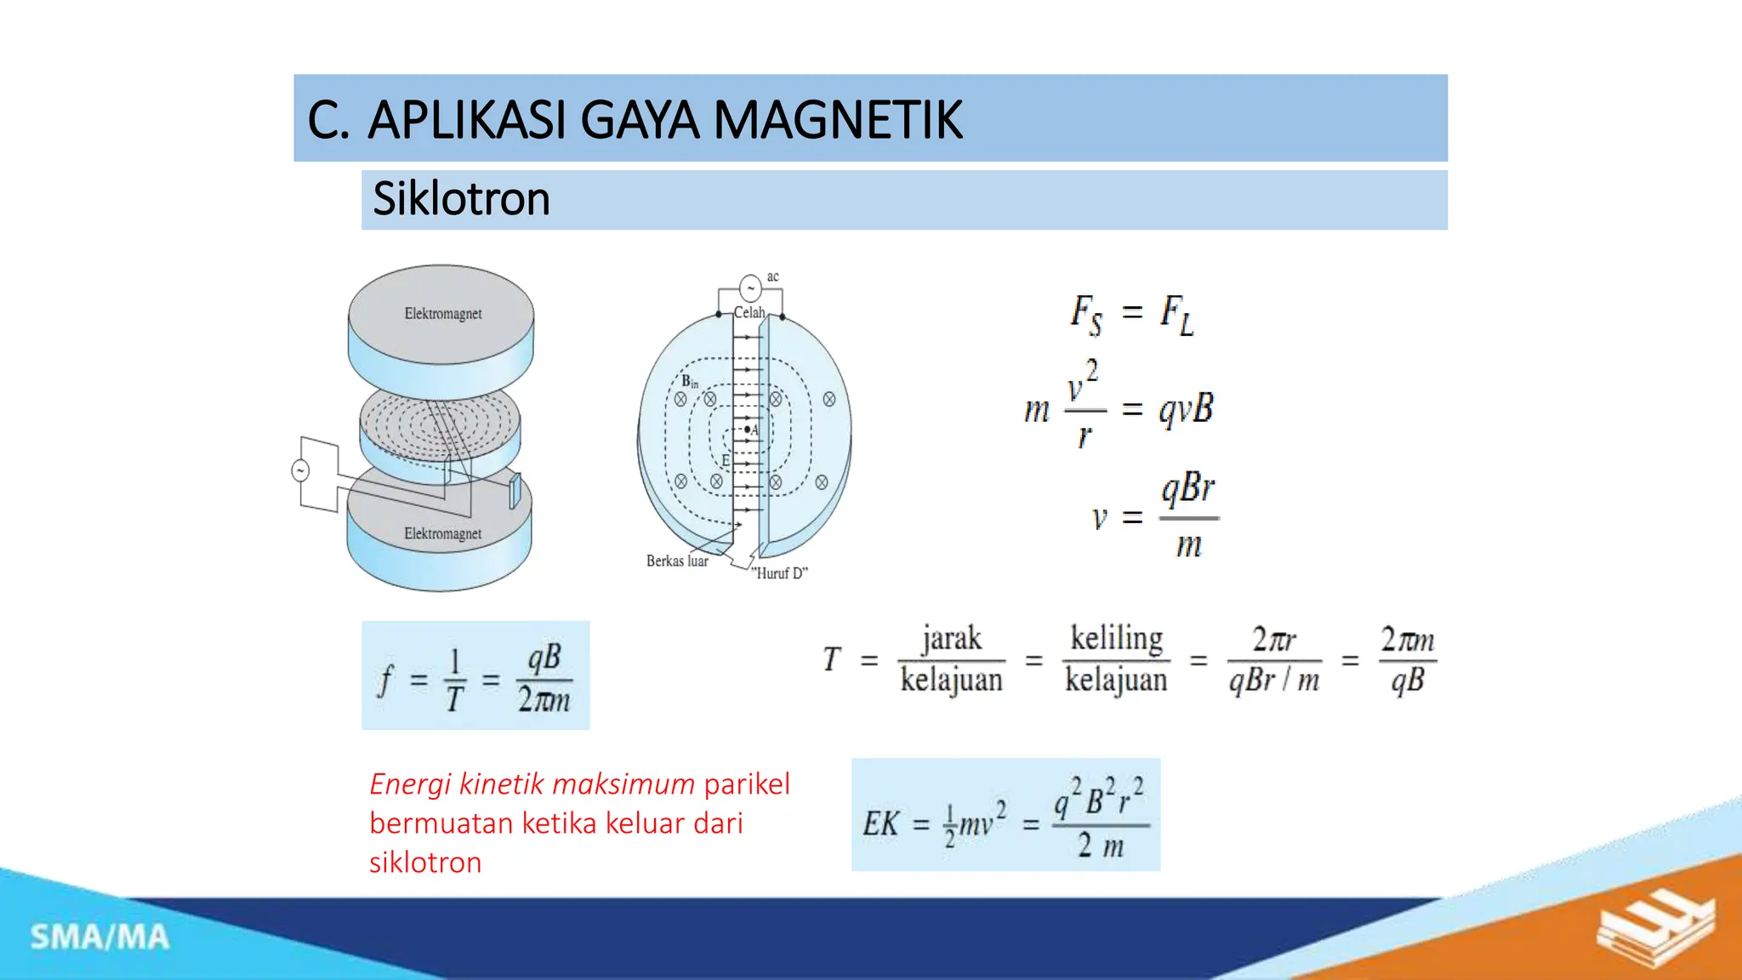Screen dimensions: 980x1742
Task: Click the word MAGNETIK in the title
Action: [837, 120]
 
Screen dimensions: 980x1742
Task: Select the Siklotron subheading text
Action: [461, 199]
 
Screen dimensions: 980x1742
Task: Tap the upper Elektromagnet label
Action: [442, 314]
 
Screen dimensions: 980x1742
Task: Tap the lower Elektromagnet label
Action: [442, 533]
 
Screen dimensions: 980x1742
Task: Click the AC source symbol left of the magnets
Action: [300, 470]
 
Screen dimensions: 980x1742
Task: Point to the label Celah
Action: [749, 312]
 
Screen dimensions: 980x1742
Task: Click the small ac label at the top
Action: [772, 276]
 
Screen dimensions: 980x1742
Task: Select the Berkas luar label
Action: [677, 561]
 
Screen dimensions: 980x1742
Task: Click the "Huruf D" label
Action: [779, 573]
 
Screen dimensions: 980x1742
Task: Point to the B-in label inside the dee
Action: [689, 382]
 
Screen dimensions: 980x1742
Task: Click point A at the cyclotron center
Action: [749, 430]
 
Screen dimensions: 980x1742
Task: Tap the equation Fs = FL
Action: [1131, 314]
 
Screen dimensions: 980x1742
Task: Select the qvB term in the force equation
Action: [1186, 409]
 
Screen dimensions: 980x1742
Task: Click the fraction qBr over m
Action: [1188, 516]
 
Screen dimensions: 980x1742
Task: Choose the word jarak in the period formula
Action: [951, 638]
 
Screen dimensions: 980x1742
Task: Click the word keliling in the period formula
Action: [1116, 638]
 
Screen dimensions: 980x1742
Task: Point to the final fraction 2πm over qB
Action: [1407, 659]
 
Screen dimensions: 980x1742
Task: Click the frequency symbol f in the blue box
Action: [385, 681]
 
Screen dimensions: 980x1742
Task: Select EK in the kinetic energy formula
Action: [880, 823]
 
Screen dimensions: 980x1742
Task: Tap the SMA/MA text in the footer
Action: [100, 937]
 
